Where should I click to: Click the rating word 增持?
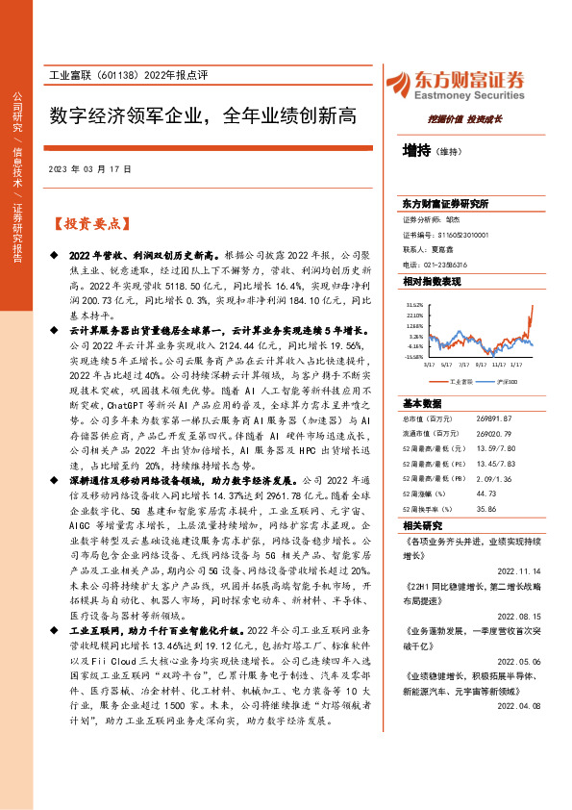coord(416,151)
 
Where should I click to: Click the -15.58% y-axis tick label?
coord(413,355)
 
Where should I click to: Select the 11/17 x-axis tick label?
coord(498,365)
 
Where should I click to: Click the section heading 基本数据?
coord(422,403)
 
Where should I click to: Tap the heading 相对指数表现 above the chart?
coord(432,281)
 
